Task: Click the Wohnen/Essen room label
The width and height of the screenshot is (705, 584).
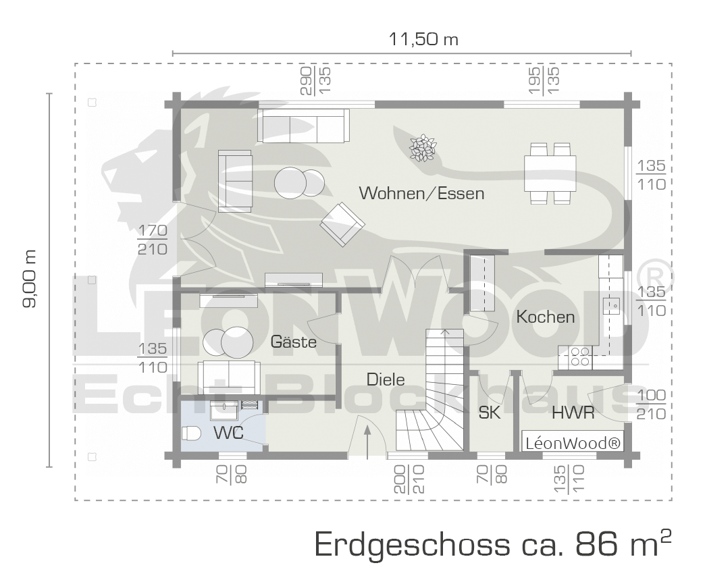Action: (x=422, y=193)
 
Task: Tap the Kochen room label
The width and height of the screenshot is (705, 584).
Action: (x=546, y=317)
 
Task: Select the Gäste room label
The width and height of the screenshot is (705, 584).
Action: (x=293, y=342)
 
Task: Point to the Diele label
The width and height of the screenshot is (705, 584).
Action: (x=386, y=379)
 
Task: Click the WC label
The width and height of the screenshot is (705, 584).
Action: (x=228, y=433)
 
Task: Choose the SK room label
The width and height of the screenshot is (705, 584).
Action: (x=489, y=413)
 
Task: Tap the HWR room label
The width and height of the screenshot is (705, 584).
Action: (x=573, y=413)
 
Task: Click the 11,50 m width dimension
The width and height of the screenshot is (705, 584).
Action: (x=423, y=40)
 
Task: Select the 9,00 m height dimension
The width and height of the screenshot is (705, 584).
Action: (x=30, y=279)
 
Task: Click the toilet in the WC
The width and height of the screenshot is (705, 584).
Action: (x=191, y=433)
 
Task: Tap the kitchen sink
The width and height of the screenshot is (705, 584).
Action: (x=612, y=307)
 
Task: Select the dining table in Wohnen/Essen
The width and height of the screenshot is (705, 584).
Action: (x=550, y=173)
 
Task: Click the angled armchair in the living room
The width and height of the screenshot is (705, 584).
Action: (x=342, y=224)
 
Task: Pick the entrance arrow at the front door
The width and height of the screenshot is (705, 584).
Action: (x=367, y=442)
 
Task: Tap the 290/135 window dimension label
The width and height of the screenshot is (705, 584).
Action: (x=315, y=80)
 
